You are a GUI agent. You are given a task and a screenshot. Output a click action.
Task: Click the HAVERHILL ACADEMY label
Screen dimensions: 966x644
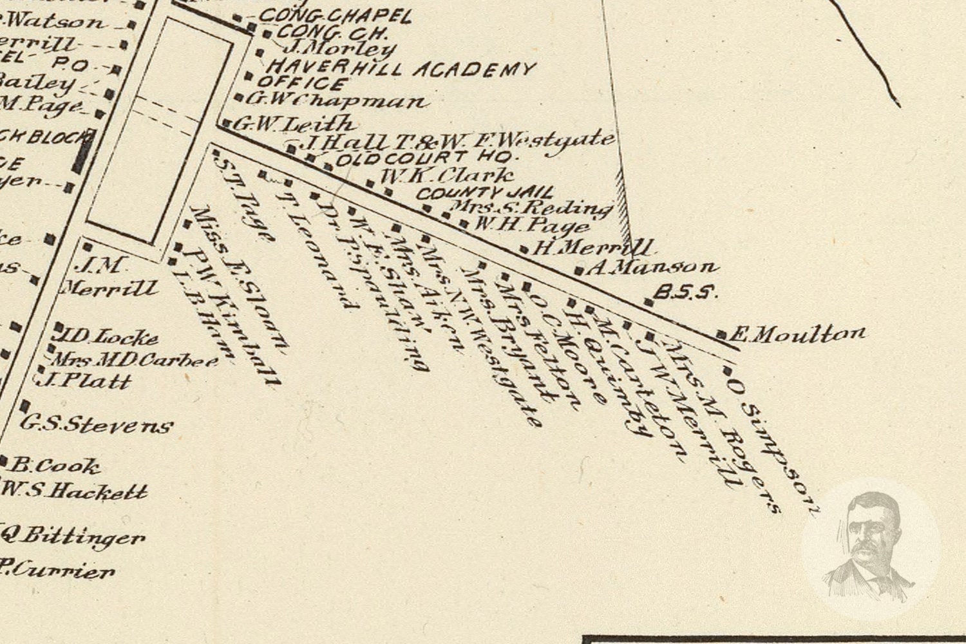click(401, 68)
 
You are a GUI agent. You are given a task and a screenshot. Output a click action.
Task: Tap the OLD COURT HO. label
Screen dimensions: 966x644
click(427, 158)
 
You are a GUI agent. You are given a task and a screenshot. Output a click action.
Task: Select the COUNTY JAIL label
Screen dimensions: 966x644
click(485, 193)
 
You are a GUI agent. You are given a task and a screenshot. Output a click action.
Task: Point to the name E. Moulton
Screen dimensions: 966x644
click(799, 334)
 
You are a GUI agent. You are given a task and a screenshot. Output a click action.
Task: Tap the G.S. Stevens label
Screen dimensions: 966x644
click(97, 424)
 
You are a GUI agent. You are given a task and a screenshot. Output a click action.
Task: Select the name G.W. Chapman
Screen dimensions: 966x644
click(336, 100)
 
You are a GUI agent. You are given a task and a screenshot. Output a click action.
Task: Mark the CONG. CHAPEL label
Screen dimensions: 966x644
click(334, 16)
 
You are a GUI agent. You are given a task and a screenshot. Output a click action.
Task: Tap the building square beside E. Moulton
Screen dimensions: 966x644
click(723, 335)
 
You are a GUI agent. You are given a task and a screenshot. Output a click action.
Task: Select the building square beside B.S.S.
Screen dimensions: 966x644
click(649, 301)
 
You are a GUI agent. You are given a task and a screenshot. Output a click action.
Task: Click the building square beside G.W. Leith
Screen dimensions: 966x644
click(227, 122)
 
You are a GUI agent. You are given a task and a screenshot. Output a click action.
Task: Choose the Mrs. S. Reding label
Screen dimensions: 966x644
click(531, 207)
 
